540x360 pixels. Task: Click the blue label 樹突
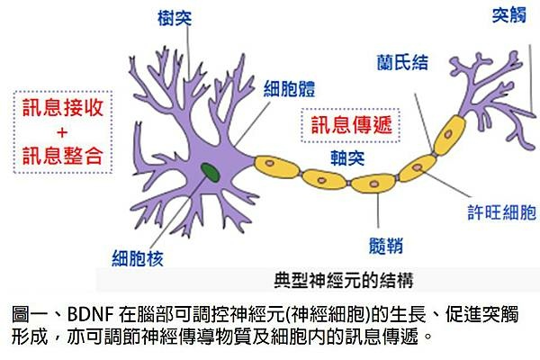[x=175, y=18]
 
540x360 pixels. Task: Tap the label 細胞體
[x=289, y=89]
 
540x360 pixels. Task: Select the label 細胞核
[x=138, y=258]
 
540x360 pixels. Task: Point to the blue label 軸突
[x=347, y=158]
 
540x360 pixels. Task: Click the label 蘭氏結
[x=402, y=63]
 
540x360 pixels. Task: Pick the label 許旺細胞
[x=502, y=212]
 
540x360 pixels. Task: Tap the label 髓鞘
[x=386, y=246]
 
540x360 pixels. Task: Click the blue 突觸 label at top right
[x=509, y=15]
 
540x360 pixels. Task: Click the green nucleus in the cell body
[x=211, y=173]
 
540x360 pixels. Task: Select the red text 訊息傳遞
[x=352, y=125]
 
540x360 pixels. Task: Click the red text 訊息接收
[x=63, y=107]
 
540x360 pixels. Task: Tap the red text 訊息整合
[x=63, y=156]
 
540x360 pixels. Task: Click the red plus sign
[x=62, y=132]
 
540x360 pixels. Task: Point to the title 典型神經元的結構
[x=344, y=281]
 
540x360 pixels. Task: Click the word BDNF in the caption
[x=91, y=314]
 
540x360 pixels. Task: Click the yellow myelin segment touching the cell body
[x=276, y=166]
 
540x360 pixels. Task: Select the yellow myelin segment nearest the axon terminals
[x=449, y=135]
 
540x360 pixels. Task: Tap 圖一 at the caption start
[x=29, y=314]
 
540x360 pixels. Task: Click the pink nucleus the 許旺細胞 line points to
[x=418, y=167]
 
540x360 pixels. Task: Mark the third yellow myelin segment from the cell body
[x=373, y=184]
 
